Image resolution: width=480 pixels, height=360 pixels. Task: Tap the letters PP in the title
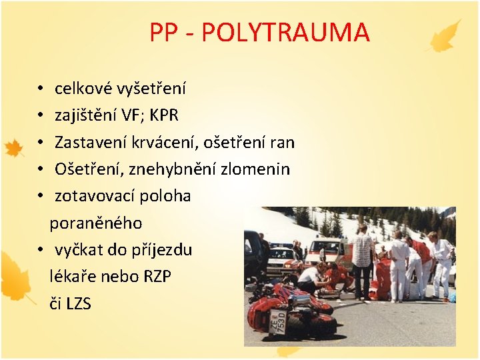pyautogui.click(x=163, y=32)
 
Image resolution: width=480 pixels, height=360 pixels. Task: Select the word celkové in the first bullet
pyautogui.click(x=84, y=88)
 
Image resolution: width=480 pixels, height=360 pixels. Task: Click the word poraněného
pyautogui.click(x=96, y=223)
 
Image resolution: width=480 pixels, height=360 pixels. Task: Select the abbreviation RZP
pyautogui.click(x=157, y=277)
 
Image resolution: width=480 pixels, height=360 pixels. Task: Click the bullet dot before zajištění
pyautogui.click(x=41, y=116)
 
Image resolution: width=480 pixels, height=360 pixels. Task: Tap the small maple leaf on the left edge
pyautogui.click(x=14, y=148)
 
